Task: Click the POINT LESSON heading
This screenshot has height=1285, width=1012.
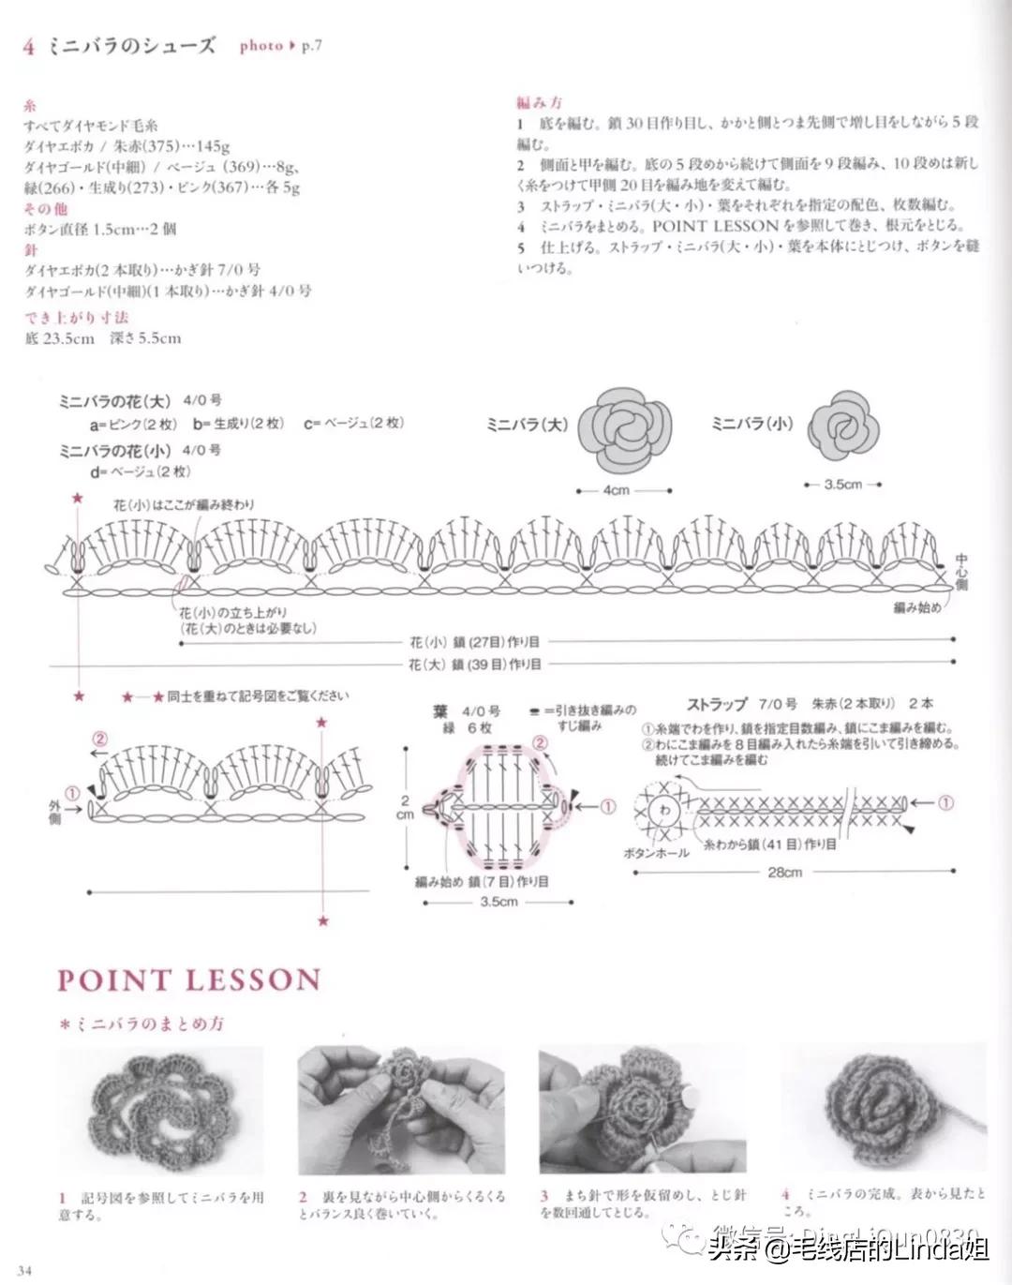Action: (188, 980)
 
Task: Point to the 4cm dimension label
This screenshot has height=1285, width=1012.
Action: (616, 490)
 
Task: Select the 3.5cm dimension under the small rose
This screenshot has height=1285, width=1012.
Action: (842, 485)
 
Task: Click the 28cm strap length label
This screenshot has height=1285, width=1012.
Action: (784, 873)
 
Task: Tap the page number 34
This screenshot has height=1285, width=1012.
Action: (23, 1271)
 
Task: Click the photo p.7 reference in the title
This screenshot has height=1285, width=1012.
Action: (280, 45)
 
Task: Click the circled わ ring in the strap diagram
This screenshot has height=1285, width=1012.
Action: (665, 809)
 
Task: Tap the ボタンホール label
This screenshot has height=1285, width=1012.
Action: (656, 853)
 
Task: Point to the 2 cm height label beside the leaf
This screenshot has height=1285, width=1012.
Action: (405, 808)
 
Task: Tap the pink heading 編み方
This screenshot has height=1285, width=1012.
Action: (539, 102)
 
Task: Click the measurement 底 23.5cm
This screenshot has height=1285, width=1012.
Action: (60, 338)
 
